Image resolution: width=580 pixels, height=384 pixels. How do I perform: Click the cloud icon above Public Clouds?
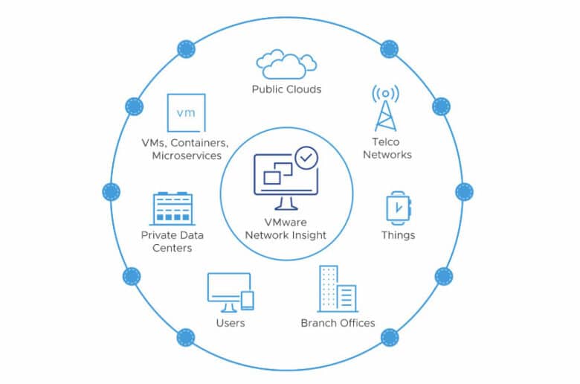(286, 65)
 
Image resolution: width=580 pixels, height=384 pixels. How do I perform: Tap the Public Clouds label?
(286, 89)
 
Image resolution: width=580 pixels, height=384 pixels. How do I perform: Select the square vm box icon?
(186, 113)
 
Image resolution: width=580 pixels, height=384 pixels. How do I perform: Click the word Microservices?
(187, 156)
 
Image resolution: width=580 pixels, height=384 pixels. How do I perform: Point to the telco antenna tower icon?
(385, 108)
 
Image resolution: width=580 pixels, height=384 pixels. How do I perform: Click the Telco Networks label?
(387, 148)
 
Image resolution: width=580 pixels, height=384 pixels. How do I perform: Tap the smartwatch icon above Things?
(399, 208)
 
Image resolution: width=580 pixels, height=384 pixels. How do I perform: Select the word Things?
(398, 235)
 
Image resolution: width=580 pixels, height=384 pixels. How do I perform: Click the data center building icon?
(173, 208)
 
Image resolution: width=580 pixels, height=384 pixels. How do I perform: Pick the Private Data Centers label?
(173, 241)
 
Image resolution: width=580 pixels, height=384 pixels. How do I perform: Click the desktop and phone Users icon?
(231, 292)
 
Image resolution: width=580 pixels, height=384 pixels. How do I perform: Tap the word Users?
(231, 323)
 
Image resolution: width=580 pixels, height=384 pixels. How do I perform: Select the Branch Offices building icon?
(338, 289)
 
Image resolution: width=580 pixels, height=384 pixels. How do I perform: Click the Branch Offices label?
(338, 323)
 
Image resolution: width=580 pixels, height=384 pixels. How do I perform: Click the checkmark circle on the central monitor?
(306, 158)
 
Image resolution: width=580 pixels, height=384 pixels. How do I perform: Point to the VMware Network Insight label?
(286, 229)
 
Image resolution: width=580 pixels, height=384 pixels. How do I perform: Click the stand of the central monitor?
(286, 203)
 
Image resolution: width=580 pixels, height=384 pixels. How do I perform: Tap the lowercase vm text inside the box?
(186, 113)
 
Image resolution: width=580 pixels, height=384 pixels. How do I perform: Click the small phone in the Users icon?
(248, 301)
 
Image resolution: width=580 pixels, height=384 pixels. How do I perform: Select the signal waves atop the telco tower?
(385, 93)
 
